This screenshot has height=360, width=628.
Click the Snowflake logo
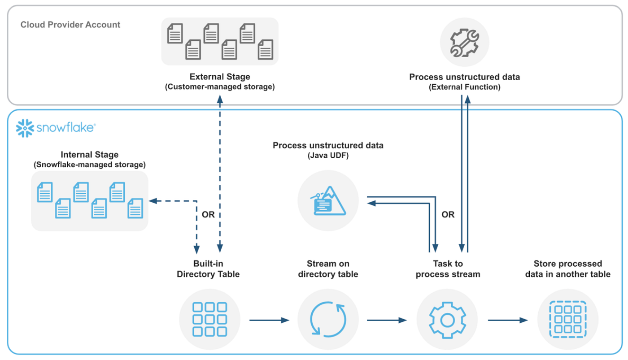click(55, 128)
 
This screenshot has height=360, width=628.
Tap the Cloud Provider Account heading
click(70, 25)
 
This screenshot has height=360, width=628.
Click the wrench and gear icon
click(464, 43)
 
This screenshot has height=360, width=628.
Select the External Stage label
click(220, 77)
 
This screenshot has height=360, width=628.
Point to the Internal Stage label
click(90, 155)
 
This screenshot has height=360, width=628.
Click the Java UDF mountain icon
click(328, 200)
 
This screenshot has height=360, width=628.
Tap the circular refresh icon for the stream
click(328, 320)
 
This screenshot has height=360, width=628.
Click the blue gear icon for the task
click(447, 320)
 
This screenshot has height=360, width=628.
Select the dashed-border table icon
click(567, 320)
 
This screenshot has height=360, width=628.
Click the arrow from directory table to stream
click(269, 320)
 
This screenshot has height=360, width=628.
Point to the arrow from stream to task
click(387, 320)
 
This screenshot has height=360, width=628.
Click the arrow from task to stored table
click(507, 320)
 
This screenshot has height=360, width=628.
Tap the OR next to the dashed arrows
click(208, 215)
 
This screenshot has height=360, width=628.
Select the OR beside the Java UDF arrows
click(448, 215)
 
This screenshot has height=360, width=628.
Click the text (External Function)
click(465, 87)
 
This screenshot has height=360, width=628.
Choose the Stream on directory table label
click(328, 269)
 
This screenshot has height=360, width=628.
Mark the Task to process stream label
click(448, 269)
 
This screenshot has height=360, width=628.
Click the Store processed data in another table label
click(567, 269)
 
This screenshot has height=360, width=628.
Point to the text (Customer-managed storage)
click(220, 87)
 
